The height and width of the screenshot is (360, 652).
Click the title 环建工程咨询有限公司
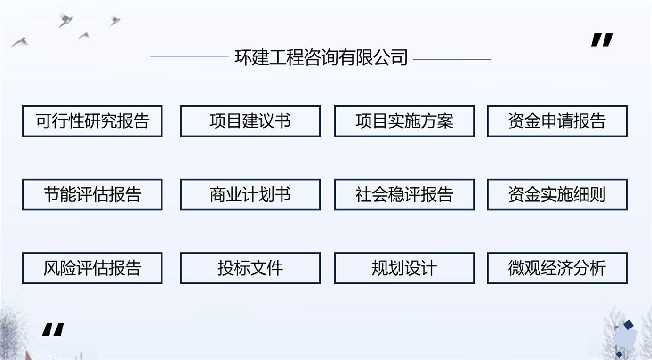coord(321,57)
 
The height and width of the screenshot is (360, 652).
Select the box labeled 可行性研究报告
coord(92,121)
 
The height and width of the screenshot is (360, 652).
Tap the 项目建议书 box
coord(250,121)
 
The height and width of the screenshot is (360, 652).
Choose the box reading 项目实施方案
coord(404,121)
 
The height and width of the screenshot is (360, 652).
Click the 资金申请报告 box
coord(557,121)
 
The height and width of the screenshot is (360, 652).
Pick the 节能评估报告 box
coord(92,195)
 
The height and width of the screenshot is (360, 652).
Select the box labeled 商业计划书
coord(250,195)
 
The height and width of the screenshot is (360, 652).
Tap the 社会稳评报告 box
coord(404,195)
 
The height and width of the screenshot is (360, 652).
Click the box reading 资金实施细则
coord(557,195)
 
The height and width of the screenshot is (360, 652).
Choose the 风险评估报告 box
coord(92,268)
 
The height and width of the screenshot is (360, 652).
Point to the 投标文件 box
coord(250,268)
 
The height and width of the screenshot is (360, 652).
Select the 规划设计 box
coord(404,268)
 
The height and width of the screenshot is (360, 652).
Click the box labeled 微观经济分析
coord(557,268)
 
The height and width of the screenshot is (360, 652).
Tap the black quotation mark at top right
coord(602,40)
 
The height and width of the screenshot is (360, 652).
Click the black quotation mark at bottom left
coord(53,330)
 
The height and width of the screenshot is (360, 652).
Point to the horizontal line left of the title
coord(189,57)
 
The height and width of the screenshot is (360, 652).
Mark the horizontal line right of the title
coord(452,60)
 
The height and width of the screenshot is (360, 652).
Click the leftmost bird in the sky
coord(20,42)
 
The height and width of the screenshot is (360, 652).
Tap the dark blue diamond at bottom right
coord(628,325)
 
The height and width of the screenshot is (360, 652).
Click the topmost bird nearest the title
coord(114,20)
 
